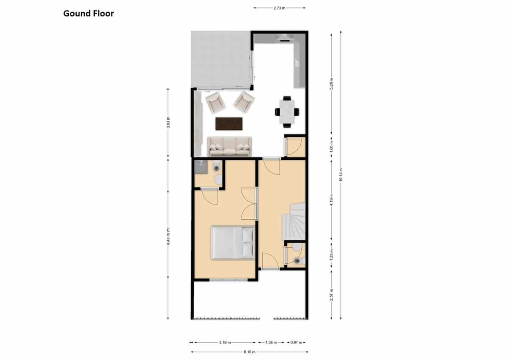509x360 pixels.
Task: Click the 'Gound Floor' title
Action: click(x=88, y=14)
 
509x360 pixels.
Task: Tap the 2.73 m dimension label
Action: click(x=280, y=8)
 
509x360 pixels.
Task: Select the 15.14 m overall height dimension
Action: click(x=341, y=175)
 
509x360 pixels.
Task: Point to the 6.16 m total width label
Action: click(x=249, y=352)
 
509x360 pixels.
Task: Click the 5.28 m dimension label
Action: click(x=331, y=83)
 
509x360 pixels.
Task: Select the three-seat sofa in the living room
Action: click(x=229, y=146)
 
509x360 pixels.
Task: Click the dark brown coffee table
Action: click(x=229, y=124)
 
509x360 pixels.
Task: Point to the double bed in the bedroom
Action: click(x=233, y=243)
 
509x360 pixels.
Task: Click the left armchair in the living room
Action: click(x=215, y=102)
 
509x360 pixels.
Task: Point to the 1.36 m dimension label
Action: click(x=271, y=342)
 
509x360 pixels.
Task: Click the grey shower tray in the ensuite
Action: click(x=201, y=167)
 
